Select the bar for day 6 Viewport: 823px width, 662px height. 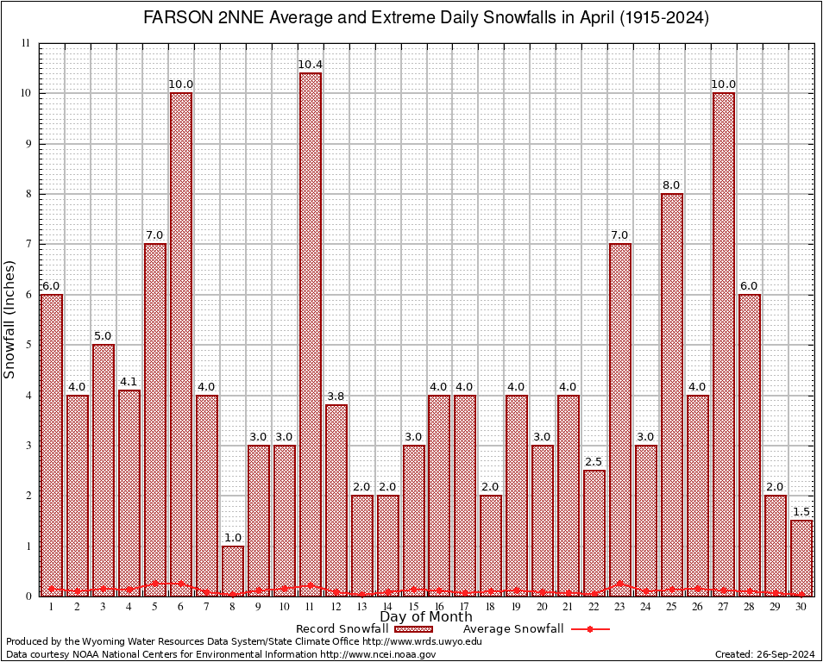click(181, 344)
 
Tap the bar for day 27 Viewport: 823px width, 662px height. click(724, 344)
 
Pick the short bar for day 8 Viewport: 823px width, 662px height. click(233, 570)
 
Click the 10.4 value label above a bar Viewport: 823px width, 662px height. click(311, 65)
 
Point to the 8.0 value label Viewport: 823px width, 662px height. click(672, 185)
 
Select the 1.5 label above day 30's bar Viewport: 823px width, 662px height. click(801, 512)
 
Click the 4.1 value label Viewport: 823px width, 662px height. click(129, 382)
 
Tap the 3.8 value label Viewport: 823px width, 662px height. click(336, 397)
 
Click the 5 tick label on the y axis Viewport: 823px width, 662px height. click(28, 345)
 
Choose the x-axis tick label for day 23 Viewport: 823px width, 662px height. click(620, 606)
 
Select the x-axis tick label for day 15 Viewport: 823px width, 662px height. click(414, 606)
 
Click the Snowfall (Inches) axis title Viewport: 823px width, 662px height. click(10, 319)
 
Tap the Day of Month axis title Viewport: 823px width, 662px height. click(426, 617)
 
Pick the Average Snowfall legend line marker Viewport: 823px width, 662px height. click(590, 629)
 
